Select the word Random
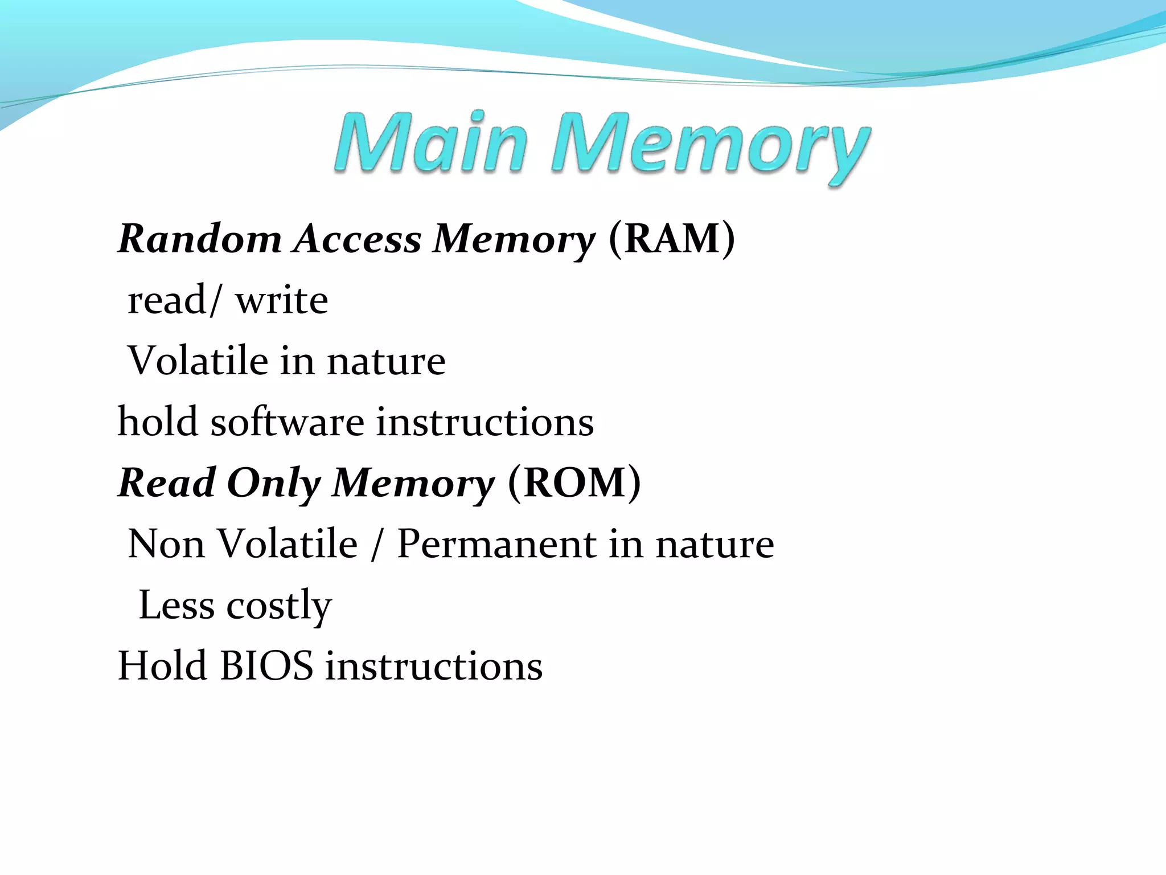coord(200,239)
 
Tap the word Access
coord(358,239)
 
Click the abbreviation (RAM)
coord(672,239)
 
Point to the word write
coord(282,300)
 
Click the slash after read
coord(214,300)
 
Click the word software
coord(288,422)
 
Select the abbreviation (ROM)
coord(574,483)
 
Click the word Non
coord(166,544)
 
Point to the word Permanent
coord(496,544)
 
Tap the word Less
coord(176,605)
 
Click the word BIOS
coord(266,666)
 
